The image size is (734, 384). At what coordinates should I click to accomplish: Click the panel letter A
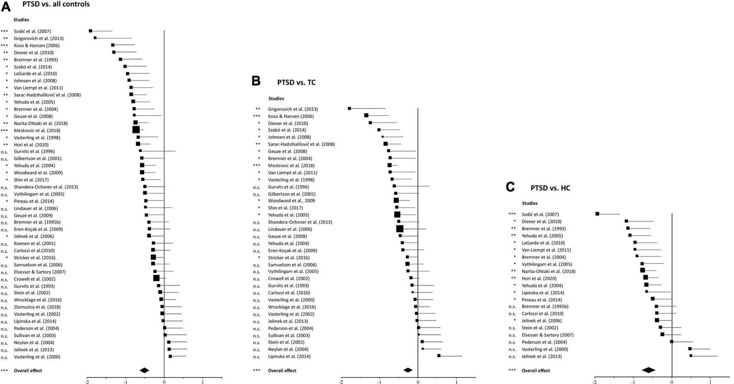click(x=5, y=7)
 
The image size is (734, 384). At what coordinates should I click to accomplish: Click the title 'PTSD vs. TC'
click(x=296, y=82)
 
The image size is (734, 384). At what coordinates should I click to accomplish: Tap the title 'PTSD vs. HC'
click(x=550, y=188)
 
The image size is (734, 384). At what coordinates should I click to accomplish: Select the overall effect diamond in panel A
click(x=144, y=370)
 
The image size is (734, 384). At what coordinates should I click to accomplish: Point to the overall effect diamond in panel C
click(x=648, y=370)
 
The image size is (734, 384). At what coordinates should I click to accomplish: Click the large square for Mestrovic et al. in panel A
click(x=136, y=130)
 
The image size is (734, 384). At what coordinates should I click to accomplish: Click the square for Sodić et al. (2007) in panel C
click(x=597, y=214)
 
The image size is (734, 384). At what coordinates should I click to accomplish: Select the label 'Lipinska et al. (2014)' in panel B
click(x=289, y=356)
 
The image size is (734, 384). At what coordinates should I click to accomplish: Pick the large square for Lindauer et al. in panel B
click(x=400, y=229)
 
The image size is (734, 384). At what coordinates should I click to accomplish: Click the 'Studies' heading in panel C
click(x=530, y=203)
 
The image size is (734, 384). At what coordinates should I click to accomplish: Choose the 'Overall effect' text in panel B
click(x=282, y=371)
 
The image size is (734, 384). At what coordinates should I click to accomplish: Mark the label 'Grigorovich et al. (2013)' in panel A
click(x=39, y=38)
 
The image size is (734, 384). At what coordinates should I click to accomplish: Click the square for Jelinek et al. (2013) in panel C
click(x=691, y=355)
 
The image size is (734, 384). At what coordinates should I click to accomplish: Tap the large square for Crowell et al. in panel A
click(x=156, y=278)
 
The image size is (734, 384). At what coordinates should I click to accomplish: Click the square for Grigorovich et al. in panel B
click(x=349, y=109)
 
